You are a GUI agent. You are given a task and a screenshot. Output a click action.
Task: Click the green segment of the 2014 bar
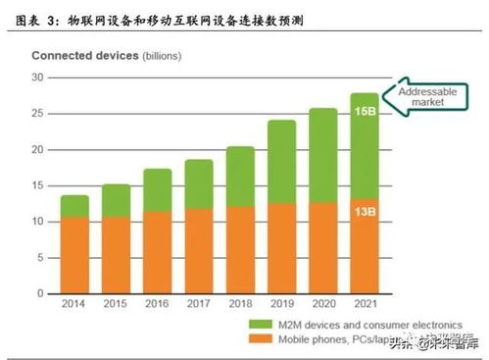[75, 206]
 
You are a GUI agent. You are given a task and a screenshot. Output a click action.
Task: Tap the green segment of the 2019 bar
[282, 162]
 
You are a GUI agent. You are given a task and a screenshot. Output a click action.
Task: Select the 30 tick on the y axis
[39, 77]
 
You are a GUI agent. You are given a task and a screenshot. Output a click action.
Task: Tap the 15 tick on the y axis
[39, 185]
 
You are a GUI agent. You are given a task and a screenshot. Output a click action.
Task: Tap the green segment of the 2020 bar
[323, 155]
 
